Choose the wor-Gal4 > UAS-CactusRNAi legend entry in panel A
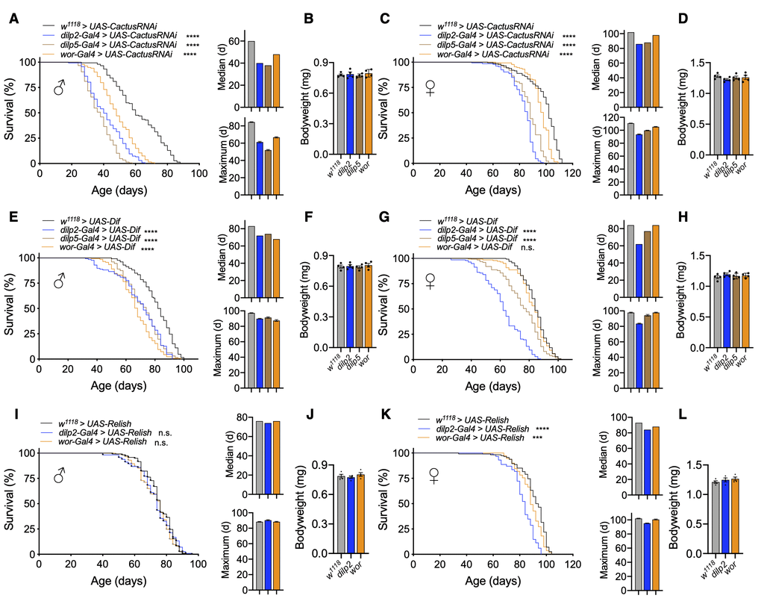tap(110, 55)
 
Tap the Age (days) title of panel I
tap(119, 581)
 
